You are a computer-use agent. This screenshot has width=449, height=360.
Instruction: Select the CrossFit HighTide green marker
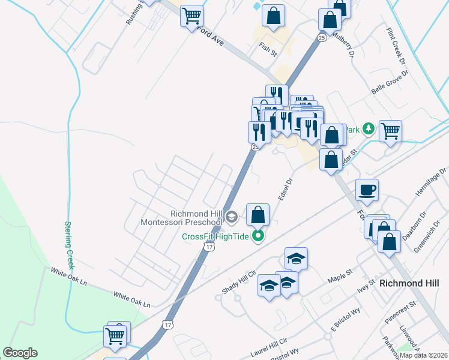coord(258,236)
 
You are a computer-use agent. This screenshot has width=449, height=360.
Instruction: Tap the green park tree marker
coord(369,128)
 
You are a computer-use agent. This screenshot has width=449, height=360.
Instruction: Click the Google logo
coord(20,353)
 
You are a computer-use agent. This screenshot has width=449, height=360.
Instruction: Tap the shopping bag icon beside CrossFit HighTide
coord(258,215)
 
